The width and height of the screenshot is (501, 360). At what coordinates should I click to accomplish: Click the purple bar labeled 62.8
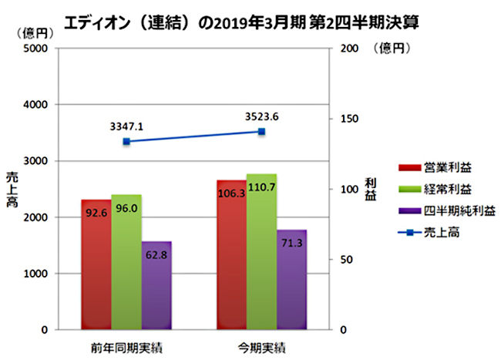click(x=156, y=285)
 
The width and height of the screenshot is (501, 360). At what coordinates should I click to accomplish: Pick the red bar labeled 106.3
click(x=232, y=255)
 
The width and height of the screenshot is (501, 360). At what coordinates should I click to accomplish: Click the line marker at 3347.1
click(x=126, y=142)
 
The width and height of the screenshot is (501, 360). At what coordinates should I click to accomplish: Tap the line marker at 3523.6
click(x=261, y=132)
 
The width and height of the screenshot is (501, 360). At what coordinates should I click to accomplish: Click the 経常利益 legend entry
click(x=439, y=189)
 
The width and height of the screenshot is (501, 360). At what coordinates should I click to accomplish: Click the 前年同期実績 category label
click(x=126, y=344)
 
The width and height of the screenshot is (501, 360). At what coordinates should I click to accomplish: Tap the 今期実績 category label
click(x=262, y=344)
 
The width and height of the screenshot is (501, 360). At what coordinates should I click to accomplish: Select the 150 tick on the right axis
click(x=345, y=119)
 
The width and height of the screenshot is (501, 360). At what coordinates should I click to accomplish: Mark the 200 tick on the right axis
click(x=345, y=49)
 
